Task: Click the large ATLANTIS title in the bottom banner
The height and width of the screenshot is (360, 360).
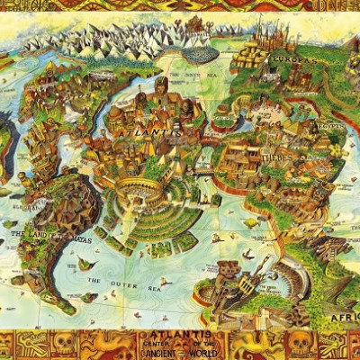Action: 180,335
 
